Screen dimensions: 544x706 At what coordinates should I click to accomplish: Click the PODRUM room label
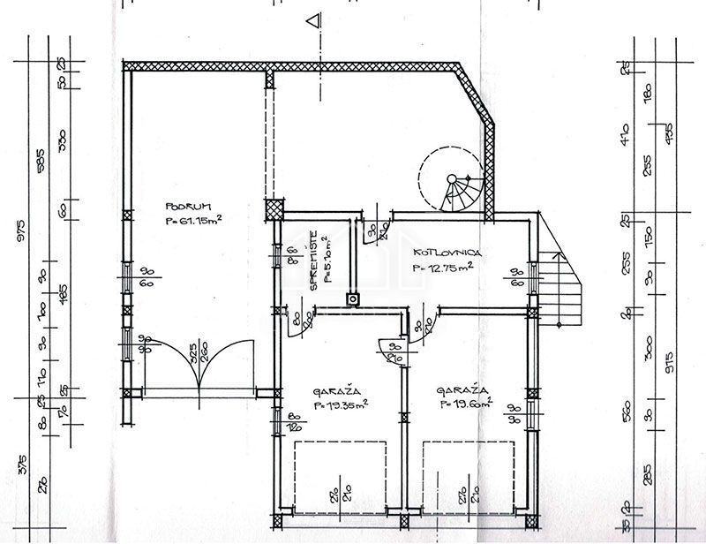(x=183, y=207)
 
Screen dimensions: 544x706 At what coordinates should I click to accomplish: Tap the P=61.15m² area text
(x=193, y=221)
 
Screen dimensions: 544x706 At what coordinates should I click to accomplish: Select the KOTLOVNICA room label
(x=446, y=252)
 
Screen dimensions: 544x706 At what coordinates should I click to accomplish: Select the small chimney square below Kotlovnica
(x=353, y=298)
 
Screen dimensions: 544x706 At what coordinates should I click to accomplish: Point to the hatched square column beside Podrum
(x=275, y=209)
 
